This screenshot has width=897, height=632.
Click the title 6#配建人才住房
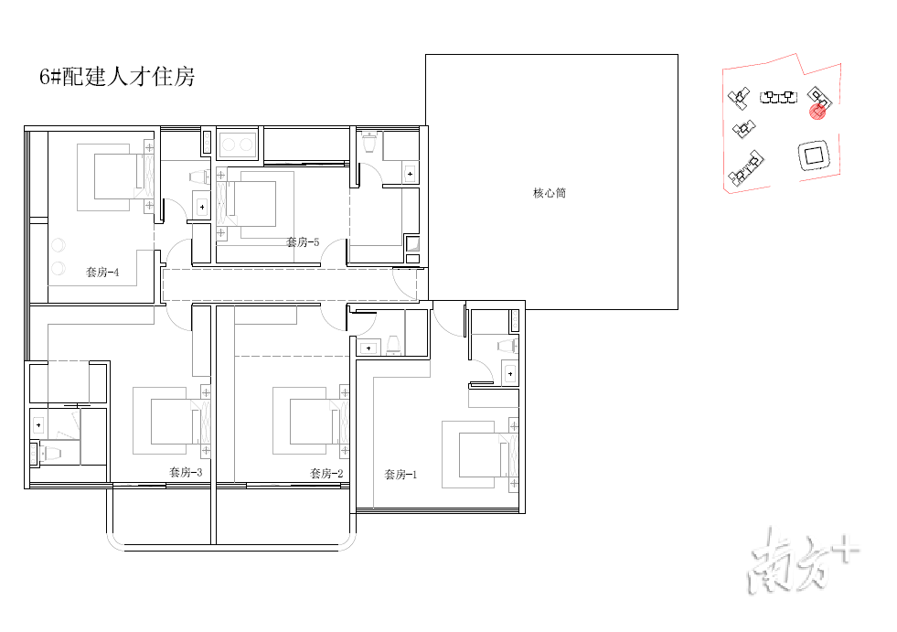coord(117,77)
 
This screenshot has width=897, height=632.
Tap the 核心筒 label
coord(550,193)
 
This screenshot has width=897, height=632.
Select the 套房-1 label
coord(400,475)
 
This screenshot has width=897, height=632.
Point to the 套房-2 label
coord(326,473)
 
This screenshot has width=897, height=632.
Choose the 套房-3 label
coord(186,472)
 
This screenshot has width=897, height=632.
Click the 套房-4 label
coord(102,272)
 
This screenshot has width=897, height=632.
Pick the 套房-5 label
coord(303,242)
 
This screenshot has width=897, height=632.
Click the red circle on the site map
coord(817,111)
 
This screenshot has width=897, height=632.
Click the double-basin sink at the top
coord(238,145)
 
